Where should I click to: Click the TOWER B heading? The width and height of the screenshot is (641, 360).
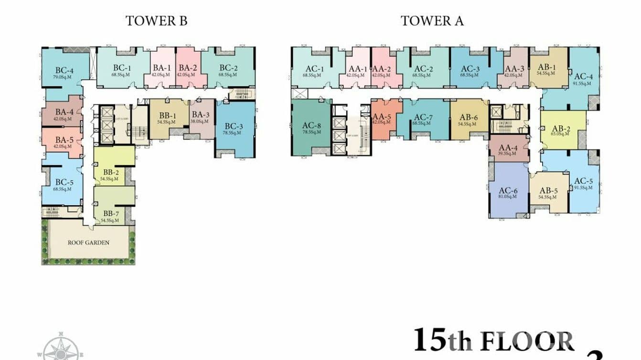click(156, 21)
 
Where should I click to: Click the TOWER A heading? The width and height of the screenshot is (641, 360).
click(432, 21)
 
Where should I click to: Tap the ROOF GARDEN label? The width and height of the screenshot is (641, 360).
click(88, 243)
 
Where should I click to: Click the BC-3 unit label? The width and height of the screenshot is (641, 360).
click(235, 127)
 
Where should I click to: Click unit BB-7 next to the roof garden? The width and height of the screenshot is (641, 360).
click(110, 213)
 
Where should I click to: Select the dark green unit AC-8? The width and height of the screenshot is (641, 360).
click(310, 126)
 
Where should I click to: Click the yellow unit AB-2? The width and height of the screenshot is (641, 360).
click(561, 129)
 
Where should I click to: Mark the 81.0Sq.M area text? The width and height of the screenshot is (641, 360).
click(507, 196)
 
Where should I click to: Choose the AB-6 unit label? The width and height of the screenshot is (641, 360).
click(469, 117)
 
